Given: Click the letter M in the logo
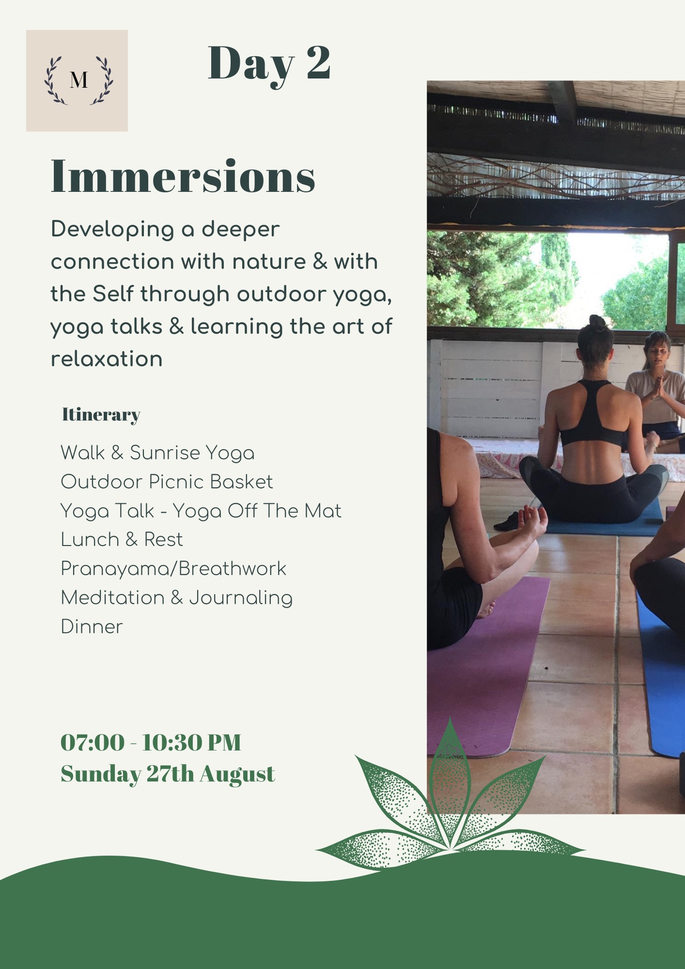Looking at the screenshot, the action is click(78, 80).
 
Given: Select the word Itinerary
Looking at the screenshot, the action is click(101, 415).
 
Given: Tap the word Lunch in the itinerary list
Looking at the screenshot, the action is click(90, 539).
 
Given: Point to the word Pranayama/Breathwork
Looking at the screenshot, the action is click(173, 569).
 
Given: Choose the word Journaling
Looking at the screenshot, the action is click(241, 598).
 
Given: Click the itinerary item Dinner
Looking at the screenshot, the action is click(92, 626).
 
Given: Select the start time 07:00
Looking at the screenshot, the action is click(93, 742).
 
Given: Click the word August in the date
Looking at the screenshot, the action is click(237, 774).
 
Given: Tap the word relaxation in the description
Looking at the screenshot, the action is click(107, 359).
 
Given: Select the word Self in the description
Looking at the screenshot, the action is click(112, 294).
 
